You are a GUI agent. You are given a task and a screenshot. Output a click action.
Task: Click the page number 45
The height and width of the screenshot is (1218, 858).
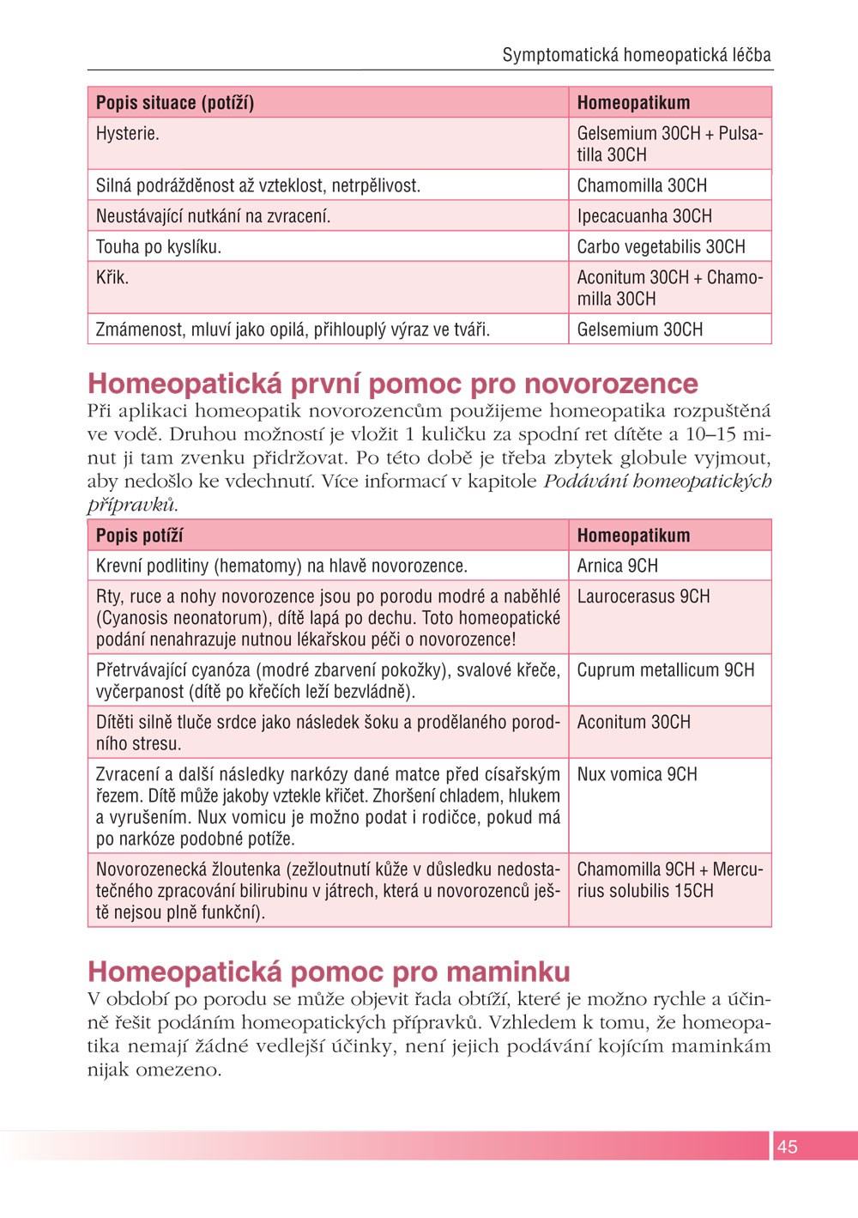(x=787, y=1146)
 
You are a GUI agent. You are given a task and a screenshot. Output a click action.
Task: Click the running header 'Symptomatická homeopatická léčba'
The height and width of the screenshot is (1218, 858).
(x=636, y=56)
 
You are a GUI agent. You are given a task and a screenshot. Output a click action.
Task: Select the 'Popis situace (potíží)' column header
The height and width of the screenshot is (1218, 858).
(x=175, y=103)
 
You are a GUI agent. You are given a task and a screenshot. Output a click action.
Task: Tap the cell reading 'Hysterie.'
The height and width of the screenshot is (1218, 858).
(x=128, y=134)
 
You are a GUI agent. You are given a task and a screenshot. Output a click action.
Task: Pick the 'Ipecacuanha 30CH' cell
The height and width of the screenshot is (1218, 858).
(x=644, y=216)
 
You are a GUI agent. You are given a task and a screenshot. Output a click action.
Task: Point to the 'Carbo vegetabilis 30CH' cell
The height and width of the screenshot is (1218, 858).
(x=661, y=247)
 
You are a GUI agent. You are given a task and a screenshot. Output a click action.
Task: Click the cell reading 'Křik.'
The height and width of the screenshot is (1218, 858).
(x=112, y=278)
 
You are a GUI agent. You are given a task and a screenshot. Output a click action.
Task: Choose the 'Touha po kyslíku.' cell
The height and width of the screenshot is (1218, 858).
(x=159, y=247)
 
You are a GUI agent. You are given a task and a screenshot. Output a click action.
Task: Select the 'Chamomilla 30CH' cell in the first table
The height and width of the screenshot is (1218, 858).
(x=642, y=185)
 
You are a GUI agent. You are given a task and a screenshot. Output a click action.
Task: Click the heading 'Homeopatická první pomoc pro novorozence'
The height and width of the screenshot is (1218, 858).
(x=393, y=383)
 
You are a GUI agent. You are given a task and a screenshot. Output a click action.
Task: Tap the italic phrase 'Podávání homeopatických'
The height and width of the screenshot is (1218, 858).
(x=657, y=482)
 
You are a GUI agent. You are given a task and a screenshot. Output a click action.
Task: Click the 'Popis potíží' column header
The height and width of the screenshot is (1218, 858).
(x=139, y=536)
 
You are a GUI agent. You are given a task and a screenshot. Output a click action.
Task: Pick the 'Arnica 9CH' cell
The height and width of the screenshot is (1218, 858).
(x=617, y=566)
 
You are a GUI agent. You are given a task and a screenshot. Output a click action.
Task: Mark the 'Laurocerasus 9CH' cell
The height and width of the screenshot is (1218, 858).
(x=643, y=597)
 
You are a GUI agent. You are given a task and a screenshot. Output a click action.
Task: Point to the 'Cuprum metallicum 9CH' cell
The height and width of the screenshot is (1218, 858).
(x=666, y=670)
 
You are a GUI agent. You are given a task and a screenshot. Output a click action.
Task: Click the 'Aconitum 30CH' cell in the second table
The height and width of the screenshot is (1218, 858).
(x=633, y=723)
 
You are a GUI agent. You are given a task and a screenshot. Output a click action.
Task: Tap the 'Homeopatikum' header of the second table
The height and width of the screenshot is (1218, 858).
(x=633, y=536)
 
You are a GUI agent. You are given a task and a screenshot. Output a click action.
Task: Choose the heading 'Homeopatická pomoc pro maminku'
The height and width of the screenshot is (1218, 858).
(x=329, y=972)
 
